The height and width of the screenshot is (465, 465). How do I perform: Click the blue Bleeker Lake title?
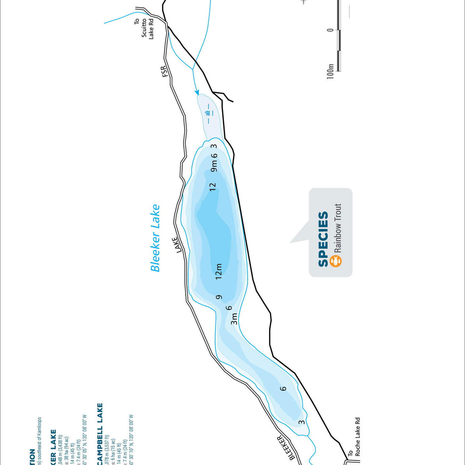(x=155, y=238)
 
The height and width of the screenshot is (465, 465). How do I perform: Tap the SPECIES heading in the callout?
(x=323, y=239)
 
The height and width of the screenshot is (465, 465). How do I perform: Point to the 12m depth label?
(x=219, y=271)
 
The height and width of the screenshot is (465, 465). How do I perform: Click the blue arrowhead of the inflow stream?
(x=197, y=93)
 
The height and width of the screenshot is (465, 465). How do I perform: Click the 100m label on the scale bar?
(x=330, y=72)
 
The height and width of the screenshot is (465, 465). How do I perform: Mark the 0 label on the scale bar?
(x=330, y=30)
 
